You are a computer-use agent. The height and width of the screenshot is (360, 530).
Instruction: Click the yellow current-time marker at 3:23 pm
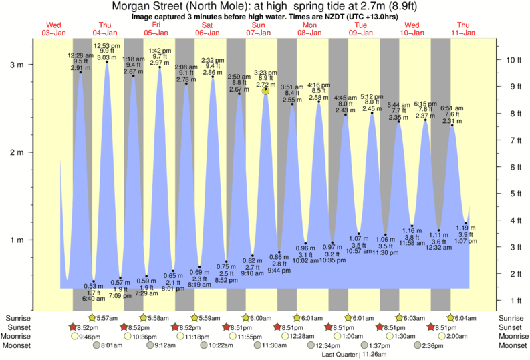point(266,89)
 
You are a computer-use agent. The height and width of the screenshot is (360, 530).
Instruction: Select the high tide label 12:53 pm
point(107,45)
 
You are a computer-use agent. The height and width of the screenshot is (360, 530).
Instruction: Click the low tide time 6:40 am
point(94,298)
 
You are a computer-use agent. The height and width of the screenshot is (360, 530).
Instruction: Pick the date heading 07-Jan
point(259,33)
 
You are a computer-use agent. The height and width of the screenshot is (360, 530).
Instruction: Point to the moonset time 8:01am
point(111,346)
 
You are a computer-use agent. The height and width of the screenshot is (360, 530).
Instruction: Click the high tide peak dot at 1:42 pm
point(160,67)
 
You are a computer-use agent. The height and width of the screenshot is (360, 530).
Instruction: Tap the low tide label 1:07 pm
point(467,240)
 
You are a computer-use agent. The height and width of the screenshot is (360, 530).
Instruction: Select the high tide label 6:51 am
point(452,108)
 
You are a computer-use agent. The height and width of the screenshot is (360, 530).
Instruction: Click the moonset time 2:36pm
point(434,346)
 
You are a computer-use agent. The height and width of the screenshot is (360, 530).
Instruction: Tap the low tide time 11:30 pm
point(386,252)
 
